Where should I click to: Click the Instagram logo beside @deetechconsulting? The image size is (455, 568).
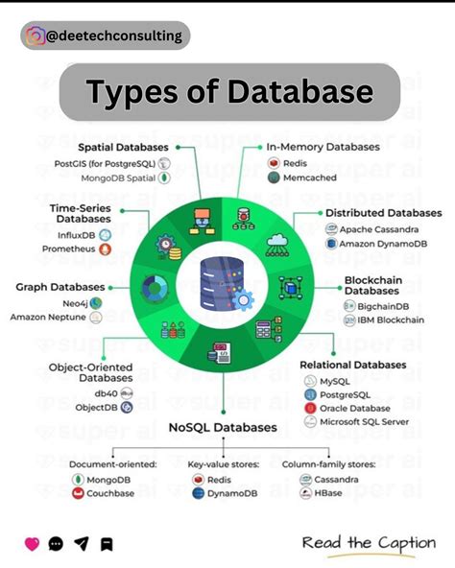[35, 36]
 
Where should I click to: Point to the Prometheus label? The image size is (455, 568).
[68, 248]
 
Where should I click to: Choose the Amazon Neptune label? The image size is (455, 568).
[48, 317]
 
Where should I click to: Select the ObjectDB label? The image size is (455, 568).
[96, 408]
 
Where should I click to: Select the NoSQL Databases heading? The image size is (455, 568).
[223, 427]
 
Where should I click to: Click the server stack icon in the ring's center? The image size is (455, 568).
[217, 285]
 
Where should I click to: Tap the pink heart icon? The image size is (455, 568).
[31, 544]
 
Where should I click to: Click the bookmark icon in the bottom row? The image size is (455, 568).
[107, 544]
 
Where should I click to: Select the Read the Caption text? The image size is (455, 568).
[369, 543]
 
